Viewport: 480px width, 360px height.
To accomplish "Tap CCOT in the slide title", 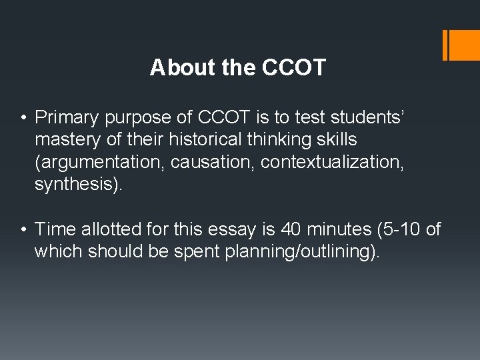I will pyautogui.click(x=294, y=67).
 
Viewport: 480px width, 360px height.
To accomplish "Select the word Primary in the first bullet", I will pyautogui.click(x=65, y=118).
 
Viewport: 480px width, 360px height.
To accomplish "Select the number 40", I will pyautogui.click(x=291, y=230).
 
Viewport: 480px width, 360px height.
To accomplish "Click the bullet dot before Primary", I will pyautogui.click(x=23, y=119).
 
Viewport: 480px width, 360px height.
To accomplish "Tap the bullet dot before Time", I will pyautogui.click(x=23, y=231).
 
